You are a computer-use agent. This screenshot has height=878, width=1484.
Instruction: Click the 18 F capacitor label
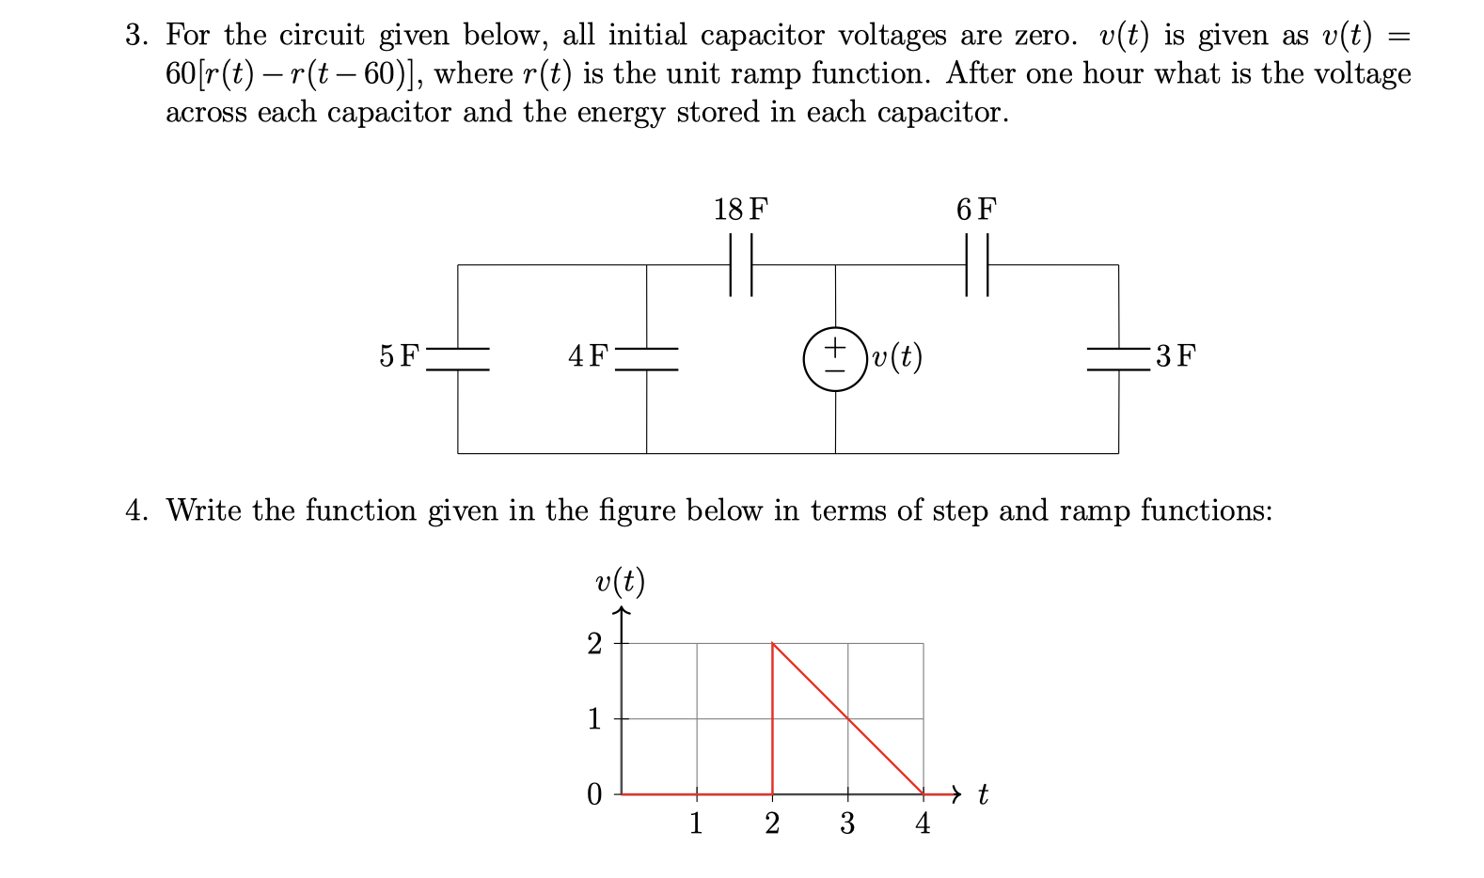tap(740, 209)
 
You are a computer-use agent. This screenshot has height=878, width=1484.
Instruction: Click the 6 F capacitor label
tap(975, 209)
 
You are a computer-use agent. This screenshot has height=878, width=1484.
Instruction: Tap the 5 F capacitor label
tap(399, 356)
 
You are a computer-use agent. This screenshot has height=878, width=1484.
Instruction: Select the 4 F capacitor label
tap(588, 356)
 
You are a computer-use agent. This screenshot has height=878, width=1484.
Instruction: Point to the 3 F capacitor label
tap(1176, 356)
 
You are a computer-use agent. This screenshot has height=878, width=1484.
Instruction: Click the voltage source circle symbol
tap(835, 358)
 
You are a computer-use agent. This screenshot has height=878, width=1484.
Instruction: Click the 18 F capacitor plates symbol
tap(741, 265)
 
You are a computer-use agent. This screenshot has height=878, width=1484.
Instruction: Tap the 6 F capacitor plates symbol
tap(977, 265)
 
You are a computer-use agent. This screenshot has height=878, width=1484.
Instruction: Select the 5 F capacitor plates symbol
tap(458, 359)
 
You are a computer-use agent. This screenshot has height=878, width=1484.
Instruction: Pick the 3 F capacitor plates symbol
tap(1118, 359)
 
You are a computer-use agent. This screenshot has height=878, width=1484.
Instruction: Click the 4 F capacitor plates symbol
tap(646, 359)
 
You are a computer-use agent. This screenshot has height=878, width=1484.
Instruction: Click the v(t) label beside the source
tap(897, 357)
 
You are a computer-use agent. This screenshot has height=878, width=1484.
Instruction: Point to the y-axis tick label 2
tap(593, 644)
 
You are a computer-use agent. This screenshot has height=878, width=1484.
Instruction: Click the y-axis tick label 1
tap(593, 719)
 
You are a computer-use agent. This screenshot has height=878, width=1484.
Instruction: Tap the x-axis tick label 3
tap(847, 824)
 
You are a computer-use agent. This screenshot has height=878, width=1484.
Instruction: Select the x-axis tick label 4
tap(923, 824)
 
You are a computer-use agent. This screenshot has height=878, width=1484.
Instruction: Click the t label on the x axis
tap(983, 796)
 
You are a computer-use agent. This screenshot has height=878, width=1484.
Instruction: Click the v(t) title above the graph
tap(621, 583)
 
